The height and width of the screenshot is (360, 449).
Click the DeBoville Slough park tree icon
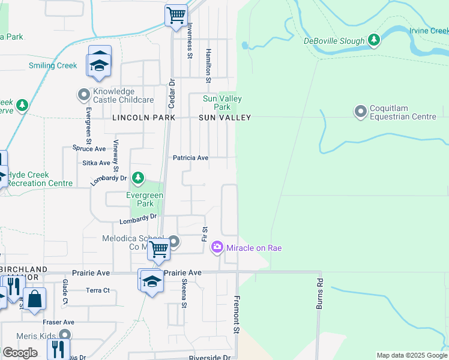(x=375, y=40)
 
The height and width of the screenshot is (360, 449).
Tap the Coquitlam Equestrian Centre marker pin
(x=360, y=112)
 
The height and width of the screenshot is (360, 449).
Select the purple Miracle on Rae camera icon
(x=217, y=247)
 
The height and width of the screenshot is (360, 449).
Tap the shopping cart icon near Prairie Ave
(x=158, y=248)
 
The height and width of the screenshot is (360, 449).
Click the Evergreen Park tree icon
(x=138, y=178)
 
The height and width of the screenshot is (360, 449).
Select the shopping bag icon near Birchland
(x=35, y=299)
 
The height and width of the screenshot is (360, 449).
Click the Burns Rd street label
(x=319, y=294)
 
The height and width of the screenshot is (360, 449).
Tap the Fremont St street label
(x=237, y=314)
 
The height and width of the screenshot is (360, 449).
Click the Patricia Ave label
(x=190, y=158)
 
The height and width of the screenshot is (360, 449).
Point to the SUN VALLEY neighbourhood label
(x=224, y=118)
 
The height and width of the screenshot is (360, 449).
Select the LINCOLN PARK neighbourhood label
(x=143, y=118)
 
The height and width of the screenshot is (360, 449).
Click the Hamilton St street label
(x=208, y=66)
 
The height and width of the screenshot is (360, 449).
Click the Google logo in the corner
(x=20, y=353)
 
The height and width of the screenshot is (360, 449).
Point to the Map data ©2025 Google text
(x=411, y=355)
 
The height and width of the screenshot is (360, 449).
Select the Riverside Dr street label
(x=209, y=358)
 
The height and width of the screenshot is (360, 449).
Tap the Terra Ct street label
(x=98, y=290)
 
